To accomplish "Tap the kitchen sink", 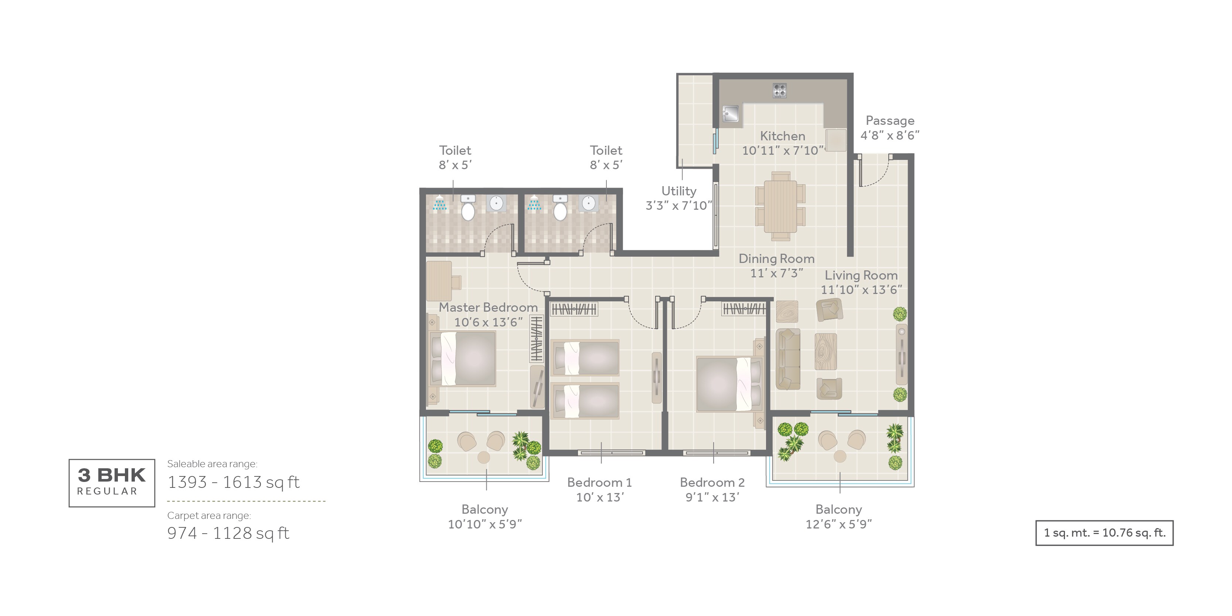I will coord(730,114).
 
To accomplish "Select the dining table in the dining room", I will coord(780,206).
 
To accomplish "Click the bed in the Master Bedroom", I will coord(463,359).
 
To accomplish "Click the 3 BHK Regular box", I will coord(112,483).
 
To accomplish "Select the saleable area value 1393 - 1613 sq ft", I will coord(234,482).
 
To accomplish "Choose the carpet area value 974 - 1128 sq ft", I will coord(228,533).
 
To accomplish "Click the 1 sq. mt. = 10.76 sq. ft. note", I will coord(1104,533).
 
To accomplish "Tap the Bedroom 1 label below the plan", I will coord(599,482).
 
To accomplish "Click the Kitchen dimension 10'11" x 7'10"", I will coord(782,151).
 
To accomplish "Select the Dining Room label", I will coord(776,259).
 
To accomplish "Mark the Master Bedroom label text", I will coord(488,307).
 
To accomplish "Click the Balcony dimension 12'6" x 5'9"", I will coord(838,524).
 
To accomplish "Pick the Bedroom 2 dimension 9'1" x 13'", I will coord(712,497).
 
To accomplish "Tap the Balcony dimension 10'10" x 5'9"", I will coord(484,524).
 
